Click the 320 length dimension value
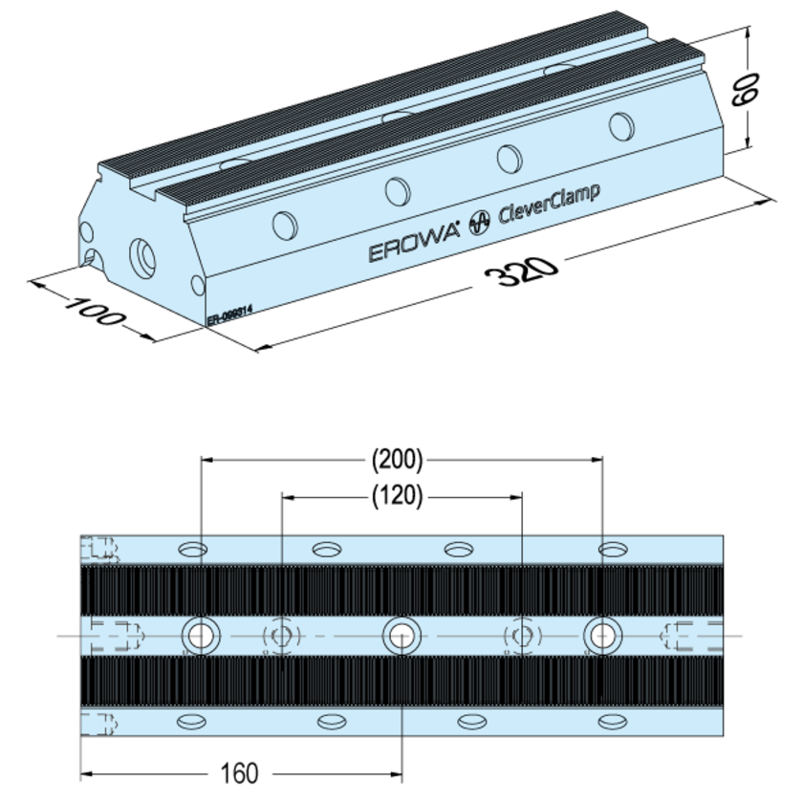tap(520, 273)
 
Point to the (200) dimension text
tap(397, 460)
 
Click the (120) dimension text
tap(397, 496)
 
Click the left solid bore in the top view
tap(201, 634)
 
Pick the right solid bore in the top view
tap(601, 634)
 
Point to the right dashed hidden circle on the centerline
tap(522, 634)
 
